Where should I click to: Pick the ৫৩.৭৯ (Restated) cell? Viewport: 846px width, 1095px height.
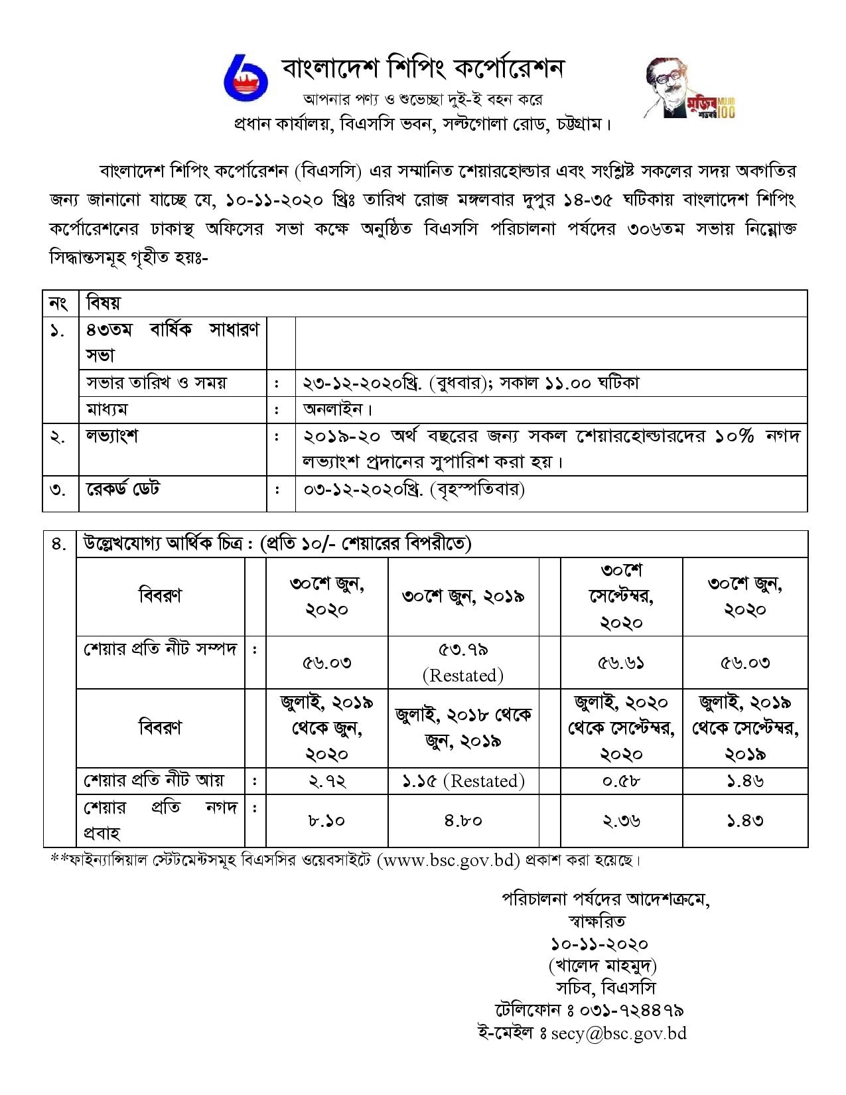(x=463, y=662)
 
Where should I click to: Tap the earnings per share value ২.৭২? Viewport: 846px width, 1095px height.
(x=327, y=781)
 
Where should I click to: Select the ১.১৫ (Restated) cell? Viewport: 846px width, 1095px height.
(x=463, y=781)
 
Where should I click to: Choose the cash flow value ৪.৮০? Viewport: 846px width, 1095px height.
(x=463, y=820)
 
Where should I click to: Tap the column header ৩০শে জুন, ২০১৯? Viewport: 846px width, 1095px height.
(x=463, y=596)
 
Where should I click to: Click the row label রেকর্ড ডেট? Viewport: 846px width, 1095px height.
(x=123, y=490)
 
